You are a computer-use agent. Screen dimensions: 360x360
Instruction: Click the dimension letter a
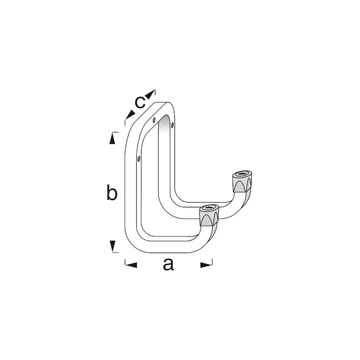coord(168,265)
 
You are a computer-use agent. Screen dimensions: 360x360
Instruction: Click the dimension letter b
coord(112,193)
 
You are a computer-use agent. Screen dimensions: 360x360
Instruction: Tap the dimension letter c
coord(140,102)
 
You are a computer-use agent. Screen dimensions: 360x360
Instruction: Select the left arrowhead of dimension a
coord(131,265)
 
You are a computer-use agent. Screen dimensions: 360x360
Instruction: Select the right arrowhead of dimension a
coord(206,265)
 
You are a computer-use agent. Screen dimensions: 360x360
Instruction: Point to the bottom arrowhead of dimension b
coord(112,246)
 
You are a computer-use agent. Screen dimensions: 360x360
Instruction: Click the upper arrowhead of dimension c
coord(150,94)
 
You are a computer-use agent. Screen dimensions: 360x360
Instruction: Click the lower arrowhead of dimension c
coord(130,115)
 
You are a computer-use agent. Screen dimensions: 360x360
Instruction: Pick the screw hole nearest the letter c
coord(154,120)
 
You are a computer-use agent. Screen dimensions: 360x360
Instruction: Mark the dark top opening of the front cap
coord(208,207)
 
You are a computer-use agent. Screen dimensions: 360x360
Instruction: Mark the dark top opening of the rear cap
coord(242,174)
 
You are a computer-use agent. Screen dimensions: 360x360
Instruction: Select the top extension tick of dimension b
coord(115,132)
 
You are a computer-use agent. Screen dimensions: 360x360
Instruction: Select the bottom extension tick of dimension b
coord(115,253)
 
